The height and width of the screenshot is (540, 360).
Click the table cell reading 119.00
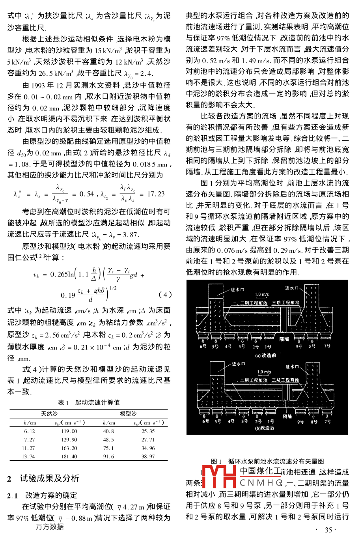[69, 431]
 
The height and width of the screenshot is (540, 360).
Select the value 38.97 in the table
[148, 456]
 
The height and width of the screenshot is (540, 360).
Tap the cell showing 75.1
[108, 448]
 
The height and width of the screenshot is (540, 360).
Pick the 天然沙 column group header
[49, 414]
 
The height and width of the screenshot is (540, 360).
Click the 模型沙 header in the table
[128, 414]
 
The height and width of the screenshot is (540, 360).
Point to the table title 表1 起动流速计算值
[89, 402]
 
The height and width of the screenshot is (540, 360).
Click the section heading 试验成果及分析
[49, 478]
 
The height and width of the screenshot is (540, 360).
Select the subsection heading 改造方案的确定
[51, 495]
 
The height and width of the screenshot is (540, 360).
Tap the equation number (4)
[165, 294]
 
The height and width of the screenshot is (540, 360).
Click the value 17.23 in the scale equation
[156, 194]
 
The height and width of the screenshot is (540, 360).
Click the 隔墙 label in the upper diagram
[284, 338]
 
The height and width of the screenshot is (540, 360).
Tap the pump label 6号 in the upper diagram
[203, 346]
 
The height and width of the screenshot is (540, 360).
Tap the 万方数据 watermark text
[49, 527]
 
